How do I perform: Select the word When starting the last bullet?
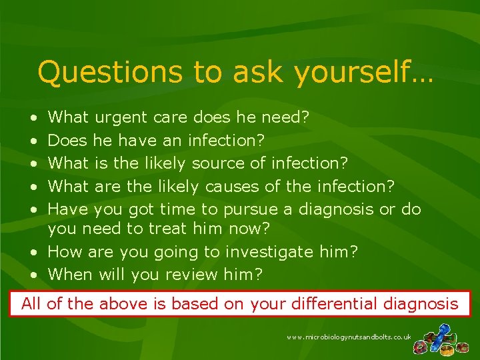pyautogui.click(x=71, y=274)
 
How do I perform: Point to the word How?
pyautogui.click(x=63, y=252)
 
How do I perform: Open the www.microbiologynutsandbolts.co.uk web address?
pyautogui.click(x=349, y=338)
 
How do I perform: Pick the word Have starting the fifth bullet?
pyautogui.click(x=69, y=209)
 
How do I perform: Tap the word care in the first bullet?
pyautogui.click(x=170, y=119)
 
